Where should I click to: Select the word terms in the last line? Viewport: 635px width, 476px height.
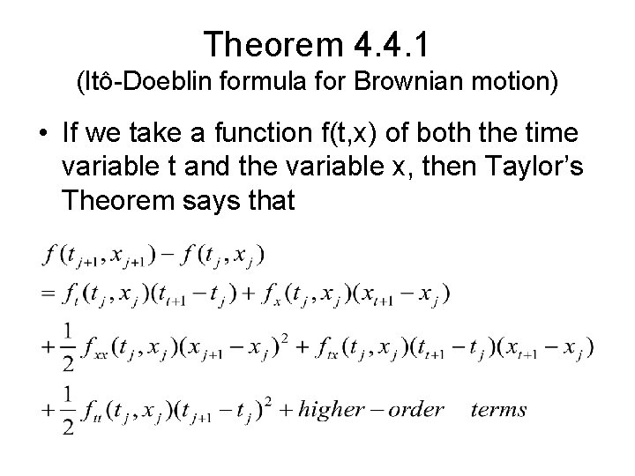point(499,409)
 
